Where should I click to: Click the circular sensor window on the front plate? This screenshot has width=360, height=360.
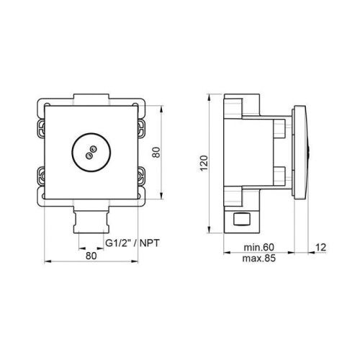[90, 151]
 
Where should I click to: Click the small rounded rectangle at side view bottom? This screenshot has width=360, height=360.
[241, 218]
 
